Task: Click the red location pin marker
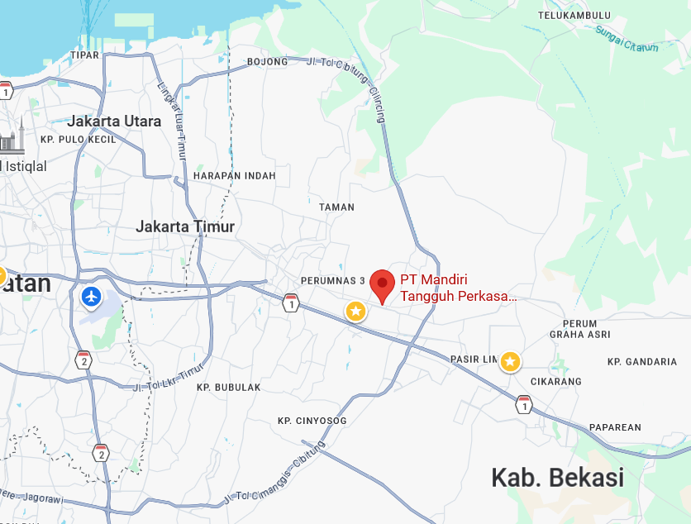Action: pos(382,284)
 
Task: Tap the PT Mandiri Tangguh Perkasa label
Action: pos(458,288)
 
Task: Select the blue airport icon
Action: pos(92,295)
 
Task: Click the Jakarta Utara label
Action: pos(115,121)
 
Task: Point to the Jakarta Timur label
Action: pos(185,226)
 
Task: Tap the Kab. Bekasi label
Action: pos(557,477)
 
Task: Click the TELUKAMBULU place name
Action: pos(574,16)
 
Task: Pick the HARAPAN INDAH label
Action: pos(235,176)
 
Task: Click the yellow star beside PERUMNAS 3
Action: pos(355,311)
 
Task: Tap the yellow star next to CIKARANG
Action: pos(511,361)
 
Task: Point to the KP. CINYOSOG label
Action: pos(312,421)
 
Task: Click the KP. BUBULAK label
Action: pos(229,387)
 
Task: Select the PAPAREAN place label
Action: pos(615,427)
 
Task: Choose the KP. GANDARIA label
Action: pos(642,362)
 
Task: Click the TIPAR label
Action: pos(84,55)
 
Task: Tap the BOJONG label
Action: pos(268,62)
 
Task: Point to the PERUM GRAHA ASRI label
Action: pos(579,329)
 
